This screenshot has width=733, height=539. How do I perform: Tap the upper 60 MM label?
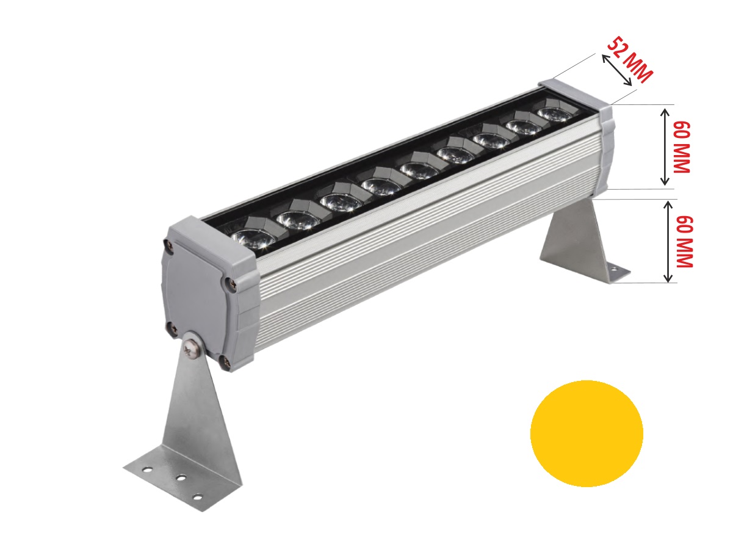[681, 147]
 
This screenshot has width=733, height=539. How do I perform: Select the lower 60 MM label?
[684, 242]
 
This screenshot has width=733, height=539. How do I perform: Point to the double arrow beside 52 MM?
[617, 70]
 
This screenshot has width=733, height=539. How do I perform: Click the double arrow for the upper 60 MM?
[665, 147]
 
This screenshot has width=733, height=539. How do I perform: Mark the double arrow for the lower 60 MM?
[668, 242]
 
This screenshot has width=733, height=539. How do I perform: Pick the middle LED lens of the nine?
[420, 170]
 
